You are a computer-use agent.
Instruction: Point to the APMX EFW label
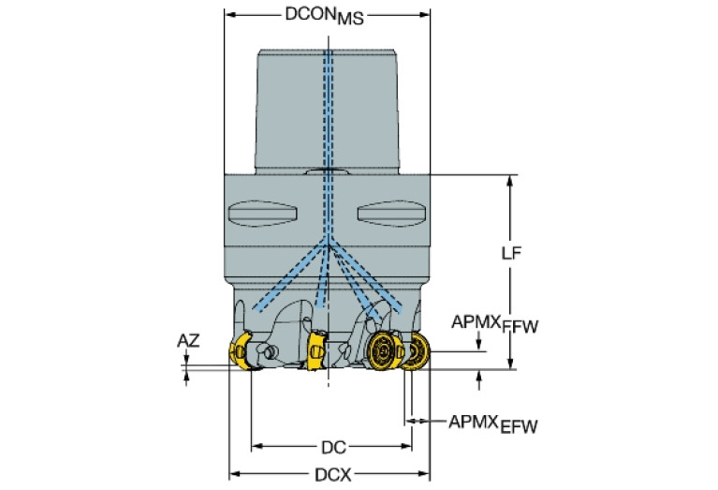click(492, 424)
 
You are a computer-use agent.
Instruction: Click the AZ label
click(188, 341)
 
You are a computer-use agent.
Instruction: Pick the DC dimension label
click(330, 446)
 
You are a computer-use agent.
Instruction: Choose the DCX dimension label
click(330, 474)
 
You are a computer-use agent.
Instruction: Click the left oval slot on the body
click(266, 213)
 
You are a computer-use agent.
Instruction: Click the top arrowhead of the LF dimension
click(510, 180)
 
